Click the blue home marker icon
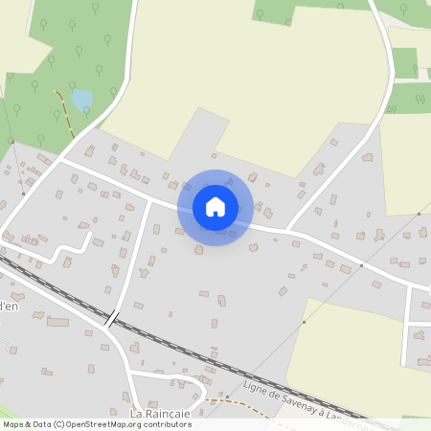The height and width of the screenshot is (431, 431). point(215,207)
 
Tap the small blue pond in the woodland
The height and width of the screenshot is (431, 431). point(81,99)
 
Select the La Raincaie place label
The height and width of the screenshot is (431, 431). point(160,413)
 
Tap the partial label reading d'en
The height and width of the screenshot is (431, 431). point(9,306)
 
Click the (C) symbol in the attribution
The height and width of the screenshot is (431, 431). point(59,424)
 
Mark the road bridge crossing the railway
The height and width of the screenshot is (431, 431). point(113,318)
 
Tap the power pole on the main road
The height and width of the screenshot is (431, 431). point(361,263)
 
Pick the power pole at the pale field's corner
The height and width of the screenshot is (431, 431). point(304,323)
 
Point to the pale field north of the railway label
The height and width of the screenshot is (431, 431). point(354,345)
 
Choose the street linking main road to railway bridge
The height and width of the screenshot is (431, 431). point(134,259)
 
